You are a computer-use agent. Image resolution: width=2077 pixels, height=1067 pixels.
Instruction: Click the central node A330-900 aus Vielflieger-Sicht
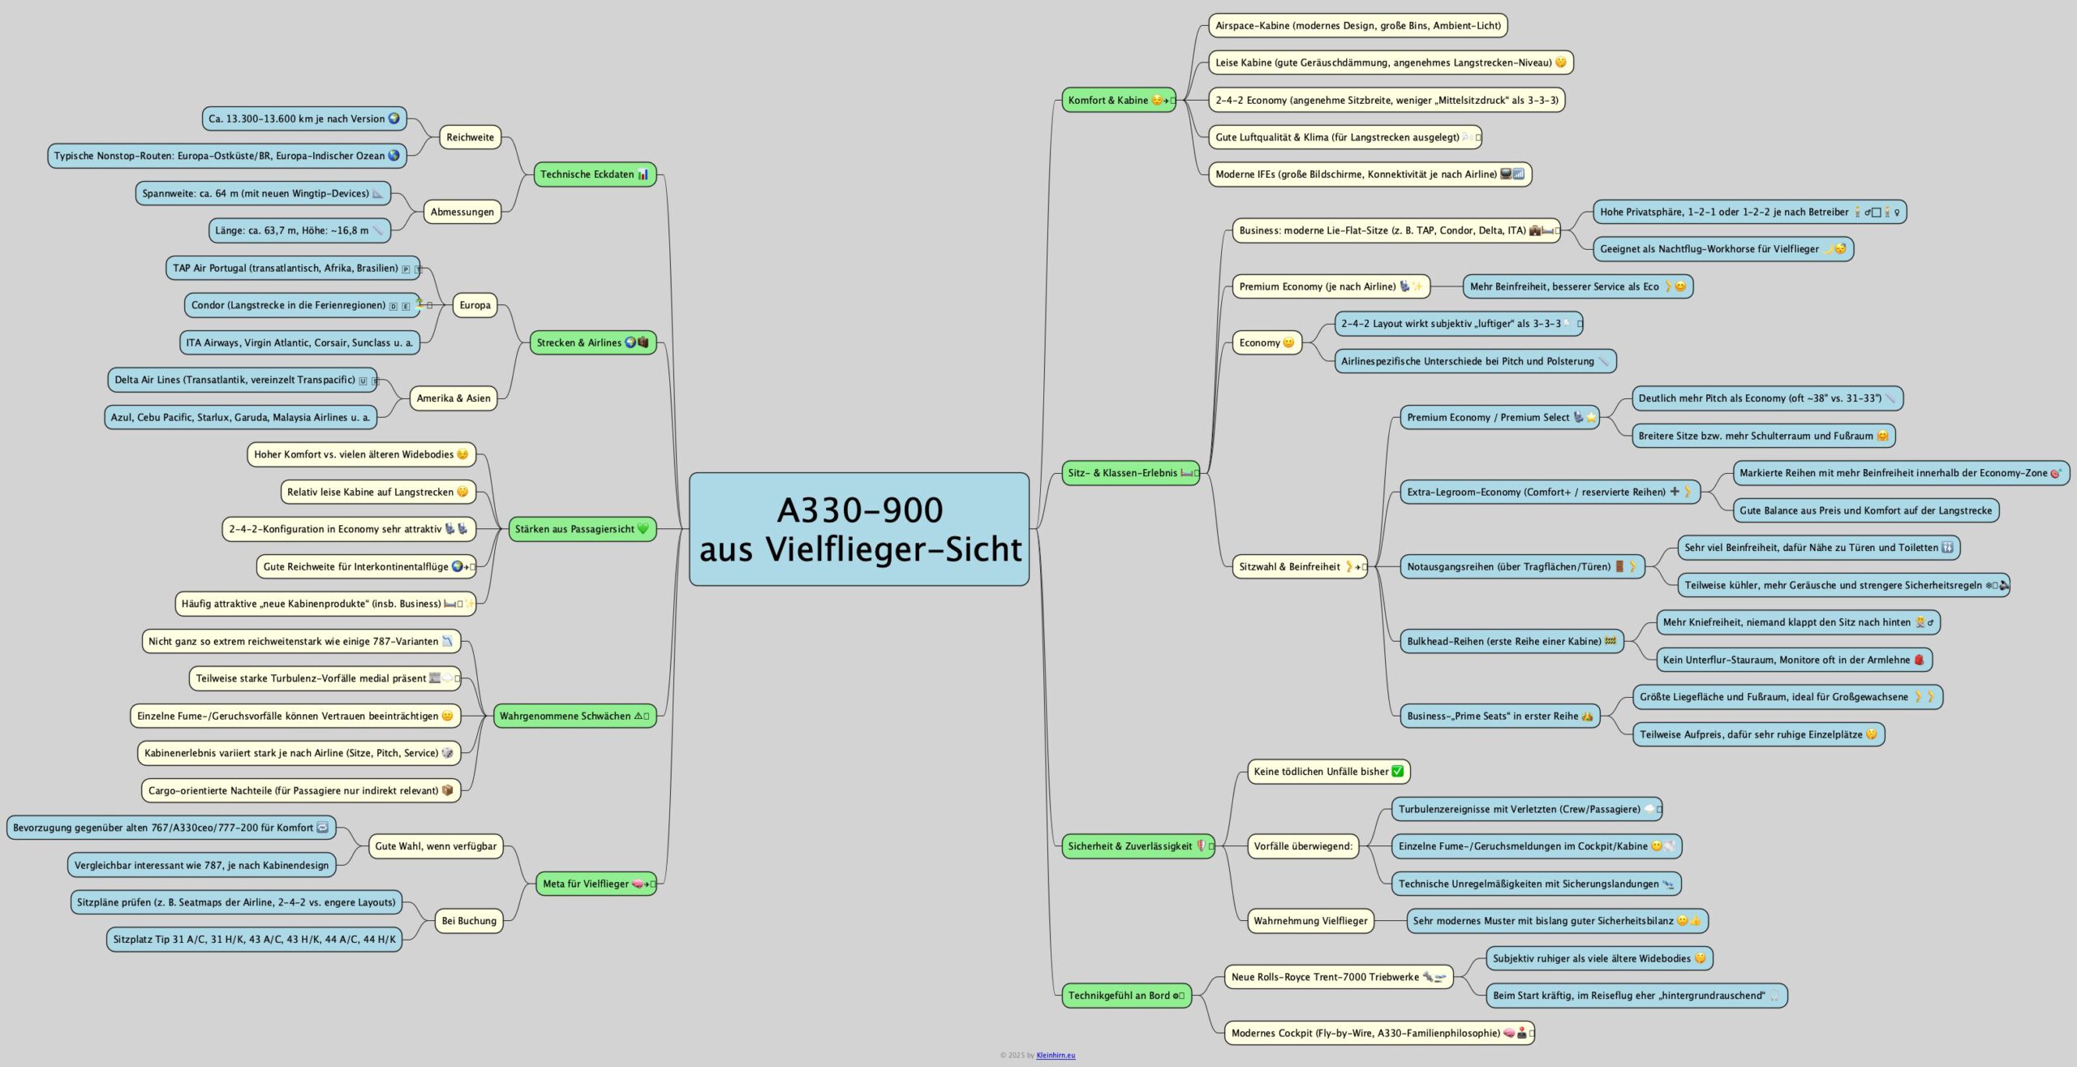tap(858, 529)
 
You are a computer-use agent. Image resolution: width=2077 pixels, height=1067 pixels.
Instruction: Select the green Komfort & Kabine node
tap(1118, 100)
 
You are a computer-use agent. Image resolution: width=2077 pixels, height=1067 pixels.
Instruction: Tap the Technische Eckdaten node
tap(594, 174)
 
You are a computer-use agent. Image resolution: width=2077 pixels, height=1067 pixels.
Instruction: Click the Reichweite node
tap(470, 137)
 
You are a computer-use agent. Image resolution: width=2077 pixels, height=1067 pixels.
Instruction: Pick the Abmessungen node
tap(462, 212)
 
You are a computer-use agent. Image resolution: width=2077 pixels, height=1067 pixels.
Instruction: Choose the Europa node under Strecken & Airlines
tap(475, 305)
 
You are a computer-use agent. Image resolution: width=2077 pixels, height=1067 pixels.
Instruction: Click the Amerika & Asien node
tap(453, 398)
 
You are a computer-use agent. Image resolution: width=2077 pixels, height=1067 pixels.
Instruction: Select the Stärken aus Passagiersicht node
tap(581, 529)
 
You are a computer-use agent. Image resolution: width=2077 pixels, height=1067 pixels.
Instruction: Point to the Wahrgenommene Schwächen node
tap(574, 716)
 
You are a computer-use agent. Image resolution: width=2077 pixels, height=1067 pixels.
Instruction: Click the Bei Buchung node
tap(469, 921)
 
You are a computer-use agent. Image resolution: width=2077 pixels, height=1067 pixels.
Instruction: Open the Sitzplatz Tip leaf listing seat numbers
tap(254, 940)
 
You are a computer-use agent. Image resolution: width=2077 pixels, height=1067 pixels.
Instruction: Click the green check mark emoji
tap(1397, 772)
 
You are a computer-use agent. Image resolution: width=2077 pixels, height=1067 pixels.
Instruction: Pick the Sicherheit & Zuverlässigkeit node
tap(1137, 846)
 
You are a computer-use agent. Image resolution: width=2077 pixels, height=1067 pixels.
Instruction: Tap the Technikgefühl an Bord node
tap(1125, 996)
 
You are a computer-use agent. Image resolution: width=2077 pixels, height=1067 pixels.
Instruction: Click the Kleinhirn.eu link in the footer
tap(1056, 1056)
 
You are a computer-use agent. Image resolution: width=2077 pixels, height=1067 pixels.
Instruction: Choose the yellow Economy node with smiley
tap(1266, 342)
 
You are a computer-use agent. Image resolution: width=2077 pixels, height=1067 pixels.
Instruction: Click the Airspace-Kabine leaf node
tap(1357, 25)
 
